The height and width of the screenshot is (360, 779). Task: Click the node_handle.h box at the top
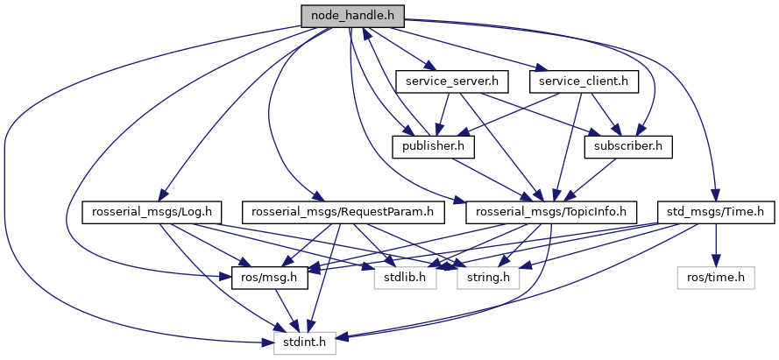(x=351, y=16)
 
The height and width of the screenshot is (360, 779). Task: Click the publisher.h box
(x=433, y=146)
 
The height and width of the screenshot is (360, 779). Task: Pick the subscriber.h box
(x=627, y=146)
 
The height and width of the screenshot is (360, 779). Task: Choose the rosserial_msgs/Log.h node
(x=152, y=211)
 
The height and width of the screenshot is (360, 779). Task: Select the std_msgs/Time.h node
(x=717, y=211)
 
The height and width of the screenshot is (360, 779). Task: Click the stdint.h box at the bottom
(x=305, y=342)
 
